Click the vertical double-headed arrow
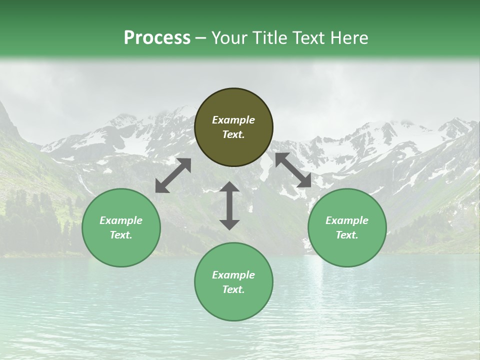tap(229, 205)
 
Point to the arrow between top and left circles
tap(173, 175)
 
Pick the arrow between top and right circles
tap(293, 170)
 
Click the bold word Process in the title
tap(157, 38)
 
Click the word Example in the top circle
tap(233, 120)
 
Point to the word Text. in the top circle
tap(233, 134)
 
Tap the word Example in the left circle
tap(121, 220)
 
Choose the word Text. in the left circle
tap(121, 235)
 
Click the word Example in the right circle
tap(347, 220)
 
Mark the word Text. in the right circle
tap(347, 235)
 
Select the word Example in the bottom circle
tap(233, 275)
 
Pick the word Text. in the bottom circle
tap(233, 289)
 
